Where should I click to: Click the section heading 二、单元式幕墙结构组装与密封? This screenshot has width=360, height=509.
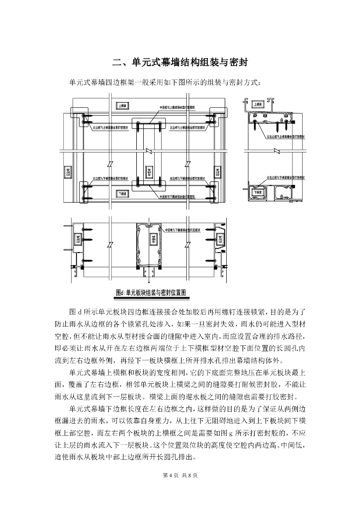[x=180, y=63]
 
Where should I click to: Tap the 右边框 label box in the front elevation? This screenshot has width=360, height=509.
[x=217, y=172]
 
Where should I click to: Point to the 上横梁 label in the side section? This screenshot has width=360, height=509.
[x=258, y=105]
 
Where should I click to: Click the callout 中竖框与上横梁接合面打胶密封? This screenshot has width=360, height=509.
[x=177, y=107]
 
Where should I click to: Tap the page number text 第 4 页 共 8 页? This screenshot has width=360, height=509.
[x=180, y=475]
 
